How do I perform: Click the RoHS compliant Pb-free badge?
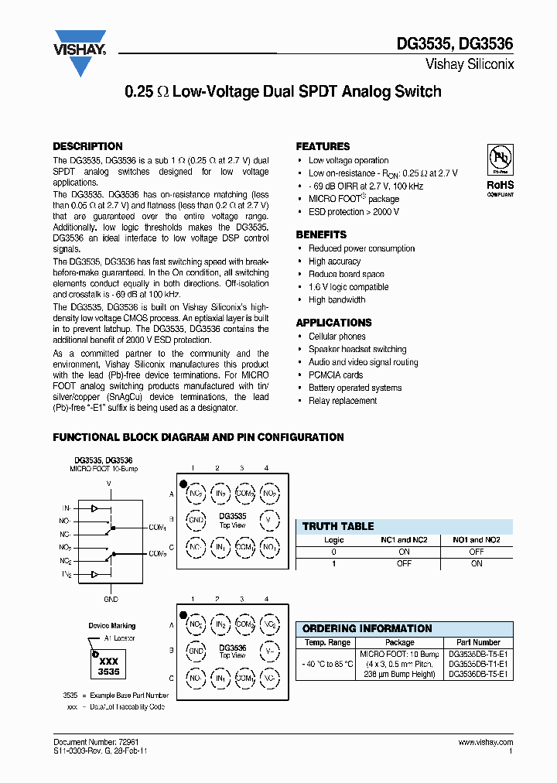tap(500, 169)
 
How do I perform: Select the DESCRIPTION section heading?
tap(87, 146)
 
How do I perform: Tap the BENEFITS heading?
tap(321, 234)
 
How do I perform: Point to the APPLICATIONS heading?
tap(333, 323)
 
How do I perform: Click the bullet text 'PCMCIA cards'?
tap(336, 375)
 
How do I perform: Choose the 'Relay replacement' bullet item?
tap(343, 401)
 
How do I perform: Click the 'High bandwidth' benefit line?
tap(337, 300)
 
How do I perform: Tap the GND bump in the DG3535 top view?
tap(196, 520)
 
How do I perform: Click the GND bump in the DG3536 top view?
tap(196, 651)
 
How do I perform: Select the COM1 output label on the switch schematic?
tap(158, 527)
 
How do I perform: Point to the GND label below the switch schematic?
tap(111, 599)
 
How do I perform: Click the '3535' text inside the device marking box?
tap(108, 672)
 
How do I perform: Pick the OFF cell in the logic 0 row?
tap(477, 552)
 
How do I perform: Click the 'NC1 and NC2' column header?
tap(404, 540)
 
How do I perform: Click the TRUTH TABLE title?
tap(338, 526)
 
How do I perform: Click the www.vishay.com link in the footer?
tap(485, 742)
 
